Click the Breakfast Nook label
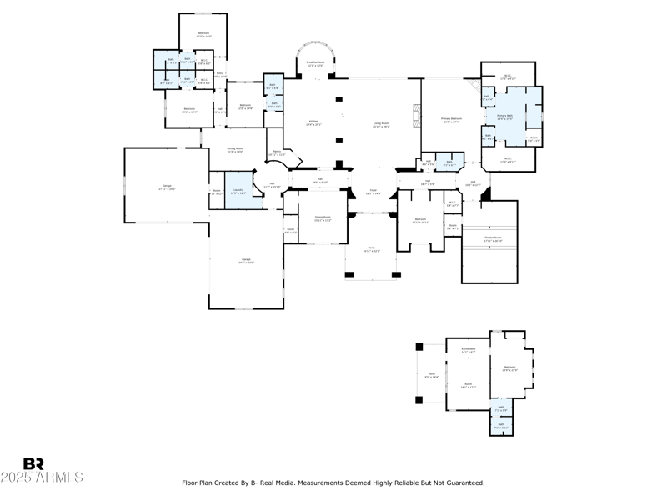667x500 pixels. tap(315, 63)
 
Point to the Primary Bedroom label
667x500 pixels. tap(451, 120)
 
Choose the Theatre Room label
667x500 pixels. tap(493, 238)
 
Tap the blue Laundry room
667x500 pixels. tap(238, 191)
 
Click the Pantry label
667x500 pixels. tap(277, 152)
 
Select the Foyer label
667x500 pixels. tap(373, 192)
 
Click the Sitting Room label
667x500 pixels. tap(235, 150)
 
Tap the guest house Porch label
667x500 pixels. tap(431, 376)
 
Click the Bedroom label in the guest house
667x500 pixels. tap(509, 367)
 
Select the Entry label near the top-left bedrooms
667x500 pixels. tap(220, 74)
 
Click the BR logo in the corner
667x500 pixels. tap(33, 463)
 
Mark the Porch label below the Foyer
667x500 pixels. tap(370, 250)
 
